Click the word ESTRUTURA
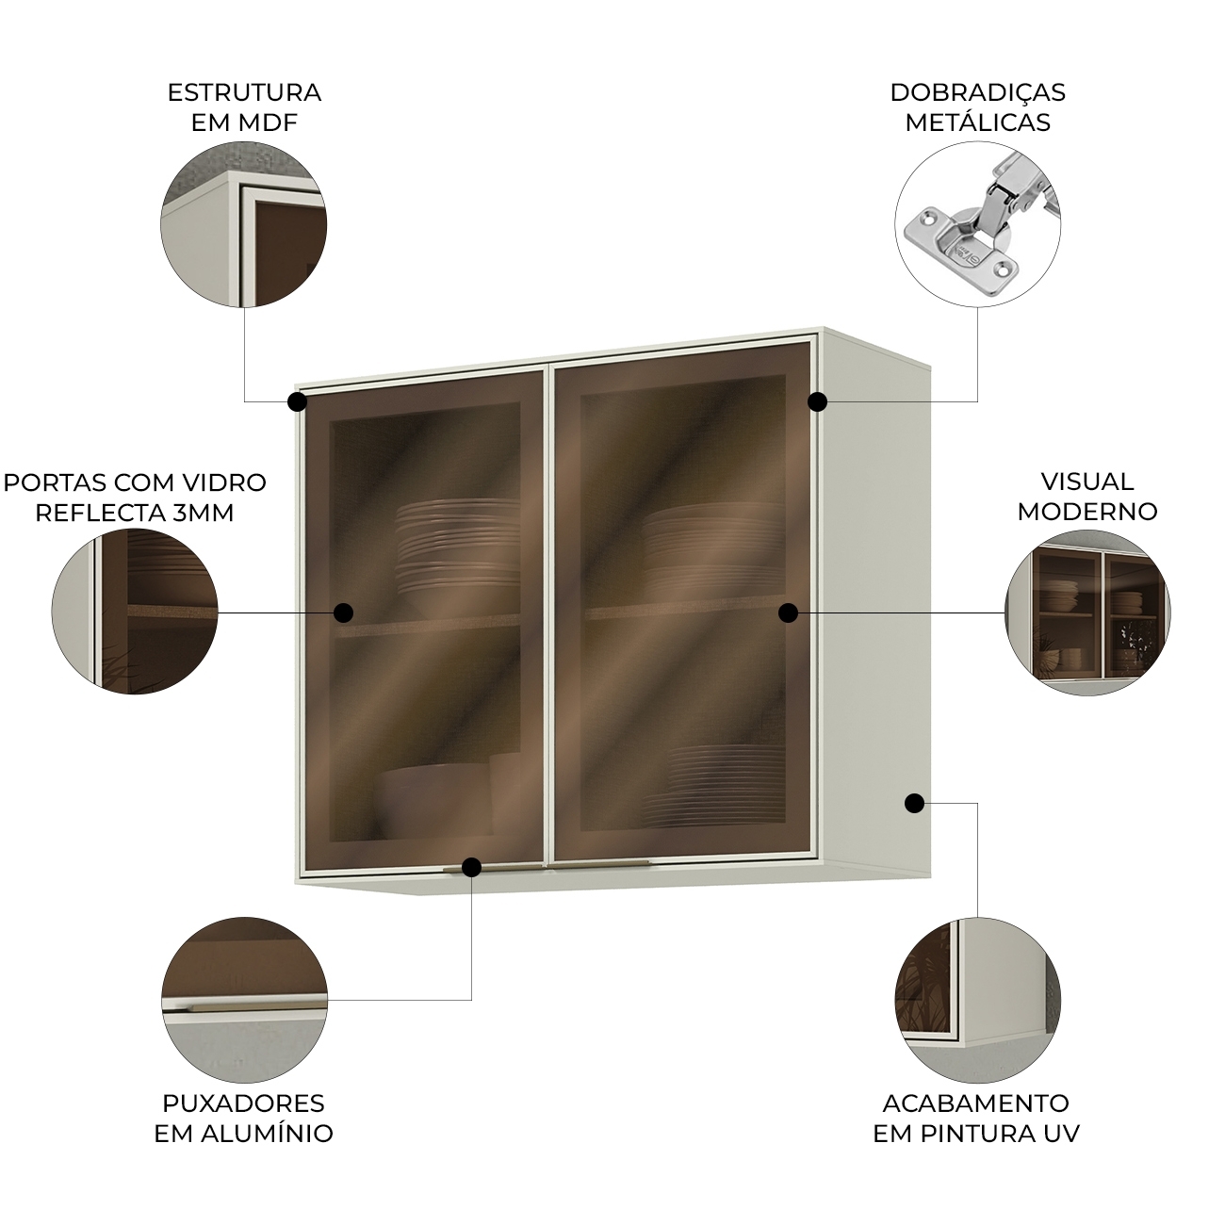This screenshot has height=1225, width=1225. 244,92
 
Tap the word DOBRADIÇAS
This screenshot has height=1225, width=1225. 977,92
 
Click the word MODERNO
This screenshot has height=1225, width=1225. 1087,511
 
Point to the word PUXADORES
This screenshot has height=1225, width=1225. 243,1102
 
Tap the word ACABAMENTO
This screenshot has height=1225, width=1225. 976,1102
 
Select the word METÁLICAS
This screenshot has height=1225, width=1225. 978,122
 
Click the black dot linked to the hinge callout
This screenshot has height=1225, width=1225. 818,401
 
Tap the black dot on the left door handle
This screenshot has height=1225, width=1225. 471,867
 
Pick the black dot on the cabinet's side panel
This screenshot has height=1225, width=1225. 914,803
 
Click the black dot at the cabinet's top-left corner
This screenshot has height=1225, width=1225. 297,401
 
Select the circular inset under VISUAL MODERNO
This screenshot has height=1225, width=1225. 1087,612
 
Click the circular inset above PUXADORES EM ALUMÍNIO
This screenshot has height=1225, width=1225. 245,1000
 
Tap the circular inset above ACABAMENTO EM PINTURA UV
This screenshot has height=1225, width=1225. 978,1000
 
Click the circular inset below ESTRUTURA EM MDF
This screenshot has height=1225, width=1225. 244,224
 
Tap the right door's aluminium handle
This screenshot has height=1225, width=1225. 598,864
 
